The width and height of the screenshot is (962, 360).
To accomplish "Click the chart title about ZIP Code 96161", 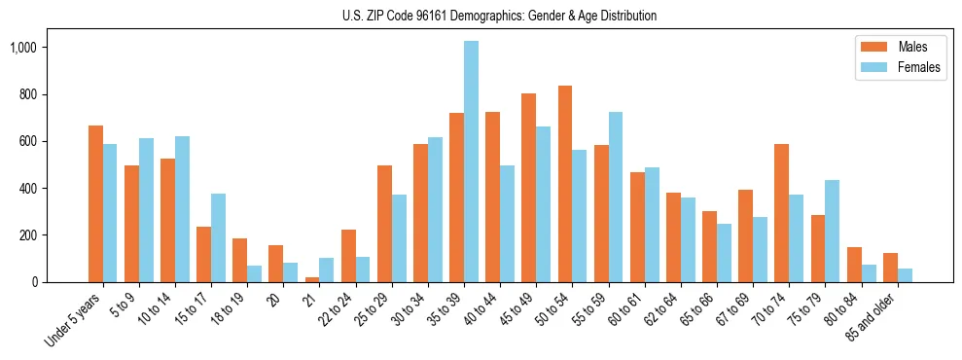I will (499, 16).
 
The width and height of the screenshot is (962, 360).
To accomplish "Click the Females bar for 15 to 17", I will (218, 238).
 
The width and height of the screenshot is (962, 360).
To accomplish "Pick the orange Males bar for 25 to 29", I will (384, 224).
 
